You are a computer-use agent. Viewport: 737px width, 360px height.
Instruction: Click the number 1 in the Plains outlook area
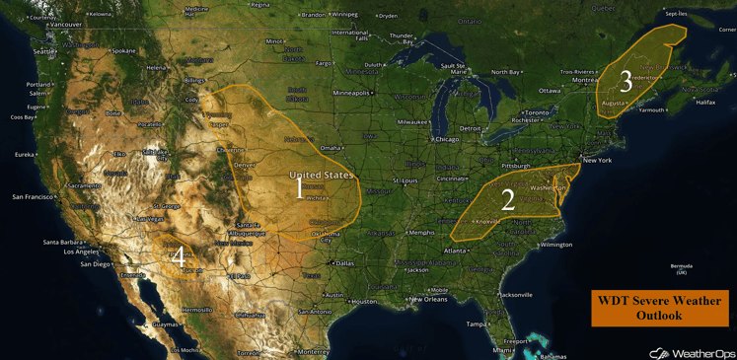[x=300, y=187]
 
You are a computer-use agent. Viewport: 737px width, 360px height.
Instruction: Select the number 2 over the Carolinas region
[x=508, y=200]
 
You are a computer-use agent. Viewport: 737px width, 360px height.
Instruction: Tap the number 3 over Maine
[x=626, y=80]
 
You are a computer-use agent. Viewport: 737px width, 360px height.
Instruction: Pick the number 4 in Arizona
[x=177, y=255]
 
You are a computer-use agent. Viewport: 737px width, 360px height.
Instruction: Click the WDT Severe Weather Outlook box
[x=658, y=308]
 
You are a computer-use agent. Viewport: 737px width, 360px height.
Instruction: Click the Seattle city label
[x=45, y=51]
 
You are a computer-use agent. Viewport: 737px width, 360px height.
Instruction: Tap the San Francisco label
[x=34, y=196]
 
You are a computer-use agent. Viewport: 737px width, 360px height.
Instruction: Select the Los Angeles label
[x=81, y=252]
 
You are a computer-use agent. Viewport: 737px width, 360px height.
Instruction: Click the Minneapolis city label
[x=351, y=93]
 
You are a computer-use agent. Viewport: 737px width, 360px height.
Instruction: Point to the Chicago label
[x=447, y=139]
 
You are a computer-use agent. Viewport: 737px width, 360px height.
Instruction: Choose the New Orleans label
[x=429, y=299]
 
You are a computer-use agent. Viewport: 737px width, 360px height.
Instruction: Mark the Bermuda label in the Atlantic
[x=681, y=266]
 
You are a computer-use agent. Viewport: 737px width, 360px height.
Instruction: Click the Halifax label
[x=705, y=102]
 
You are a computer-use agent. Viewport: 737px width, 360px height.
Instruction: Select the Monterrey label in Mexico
[x=313, y=351]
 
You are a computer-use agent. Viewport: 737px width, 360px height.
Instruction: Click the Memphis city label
[x=422, y=233]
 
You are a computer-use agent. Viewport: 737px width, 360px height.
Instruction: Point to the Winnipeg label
[x=344, y=15]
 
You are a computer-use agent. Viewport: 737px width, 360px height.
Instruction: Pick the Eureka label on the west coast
[x=24, y=154]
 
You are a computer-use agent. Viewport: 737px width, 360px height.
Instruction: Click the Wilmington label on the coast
[x=556, y=244]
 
